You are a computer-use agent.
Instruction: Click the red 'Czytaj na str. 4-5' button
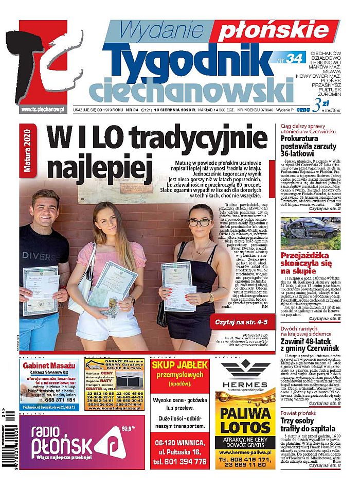[x=240, y=323]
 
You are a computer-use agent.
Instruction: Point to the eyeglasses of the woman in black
[x=200, y=222]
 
